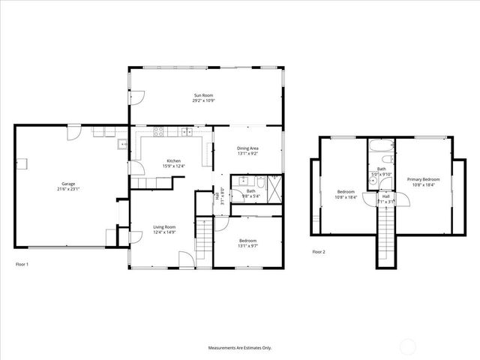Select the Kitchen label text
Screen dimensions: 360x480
pyautogui.click(x=173, y=161)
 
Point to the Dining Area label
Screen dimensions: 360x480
pyautogui.click(x=248, y=149)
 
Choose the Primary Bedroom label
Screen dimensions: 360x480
pyautogui.click(x=423, y=180)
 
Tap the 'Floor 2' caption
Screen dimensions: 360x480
pyautogui.click(x=319, y=252)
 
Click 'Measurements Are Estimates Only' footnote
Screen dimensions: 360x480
pyautogui.click(x=240, y=348)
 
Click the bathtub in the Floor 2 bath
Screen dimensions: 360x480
pyautogui.click(x=381, y=145)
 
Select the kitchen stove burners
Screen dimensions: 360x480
pyautogui.click(x=159, y=133)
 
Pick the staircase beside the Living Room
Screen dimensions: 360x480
pyautogui.click(x=204, y=240)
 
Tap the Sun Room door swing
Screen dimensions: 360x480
pyautogui.click(x=137, y=97)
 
